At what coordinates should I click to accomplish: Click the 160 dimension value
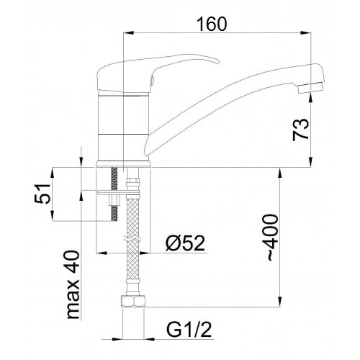pyautogui.click(x=212, y=24)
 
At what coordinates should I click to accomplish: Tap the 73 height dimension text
pyautogui.click(x=300, y=130)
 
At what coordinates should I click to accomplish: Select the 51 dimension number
pyautogui.click(x=42, y=194)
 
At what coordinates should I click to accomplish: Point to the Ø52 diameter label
pyautogui.click(x=186, y=243)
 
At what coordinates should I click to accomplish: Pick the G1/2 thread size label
pyautogui.click(x=189, y=330)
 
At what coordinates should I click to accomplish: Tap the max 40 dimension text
pyautogui.click(x=73, y=284)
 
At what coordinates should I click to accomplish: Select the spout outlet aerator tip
pyautogui.click(x=310, y=88)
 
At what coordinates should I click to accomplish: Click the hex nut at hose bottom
pyautogui.click(x=132, y=302)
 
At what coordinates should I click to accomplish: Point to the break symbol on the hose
pyautogui.click(x=132, y=239)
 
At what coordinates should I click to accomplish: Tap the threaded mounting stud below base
pyautogui.click(x=114, y=194)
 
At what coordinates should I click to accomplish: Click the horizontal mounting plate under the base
pyautogui.click(x=118, y=192)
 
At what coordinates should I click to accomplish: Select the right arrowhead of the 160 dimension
pyautogui.click(x=306, y=33)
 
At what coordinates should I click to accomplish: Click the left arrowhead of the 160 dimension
pyautogui.click(x=128, y=33)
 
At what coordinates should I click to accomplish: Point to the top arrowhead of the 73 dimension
pyautogui.click(x=311, y=99)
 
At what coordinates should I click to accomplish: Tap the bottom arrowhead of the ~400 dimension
pyautogui.click(x=279, y=302)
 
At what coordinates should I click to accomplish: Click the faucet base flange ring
pyautogui.click(x=123, y=164)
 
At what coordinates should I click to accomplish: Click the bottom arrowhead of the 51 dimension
pyautogui.click(x=53, y=215)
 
